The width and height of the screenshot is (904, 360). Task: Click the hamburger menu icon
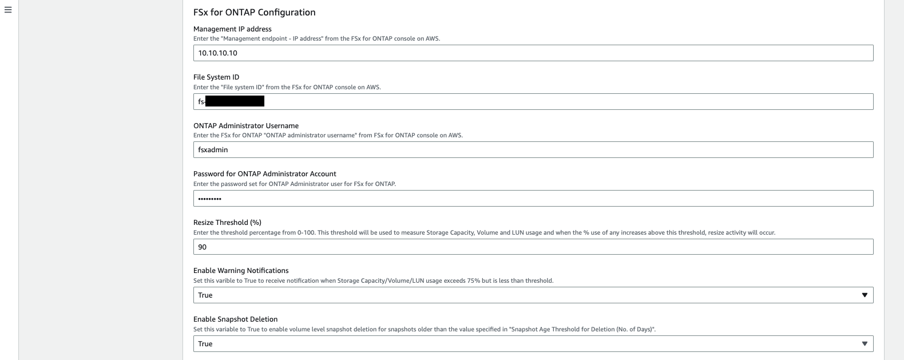click(8, 10)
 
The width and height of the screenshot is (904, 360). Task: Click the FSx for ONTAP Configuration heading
click(254, 12)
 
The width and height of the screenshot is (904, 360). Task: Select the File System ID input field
click(566, 101)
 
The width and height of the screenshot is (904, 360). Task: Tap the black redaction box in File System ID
click(235, 101)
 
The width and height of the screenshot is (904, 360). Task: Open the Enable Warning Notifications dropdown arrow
click(864, 295)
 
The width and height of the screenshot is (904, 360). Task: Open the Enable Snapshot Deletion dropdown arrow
click(864, 344)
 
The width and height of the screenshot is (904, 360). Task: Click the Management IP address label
click(232, 29)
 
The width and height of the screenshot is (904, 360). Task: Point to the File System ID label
click(216, 77)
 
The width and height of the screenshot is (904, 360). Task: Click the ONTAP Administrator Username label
click(246, 125)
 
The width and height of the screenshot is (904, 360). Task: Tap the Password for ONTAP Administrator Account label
click(265, 174)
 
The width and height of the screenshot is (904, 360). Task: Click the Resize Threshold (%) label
click(227, 222)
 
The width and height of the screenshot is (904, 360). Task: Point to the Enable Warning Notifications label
click(241, 271)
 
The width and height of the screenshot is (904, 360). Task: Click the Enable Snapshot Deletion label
click(235, 319)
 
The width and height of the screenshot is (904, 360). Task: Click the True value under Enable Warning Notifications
click(205, 295)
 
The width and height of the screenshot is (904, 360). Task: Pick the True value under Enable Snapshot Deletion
click(205, 344)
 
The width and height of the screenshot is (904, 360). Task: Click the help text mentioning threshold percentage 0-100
click(484, 233)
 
